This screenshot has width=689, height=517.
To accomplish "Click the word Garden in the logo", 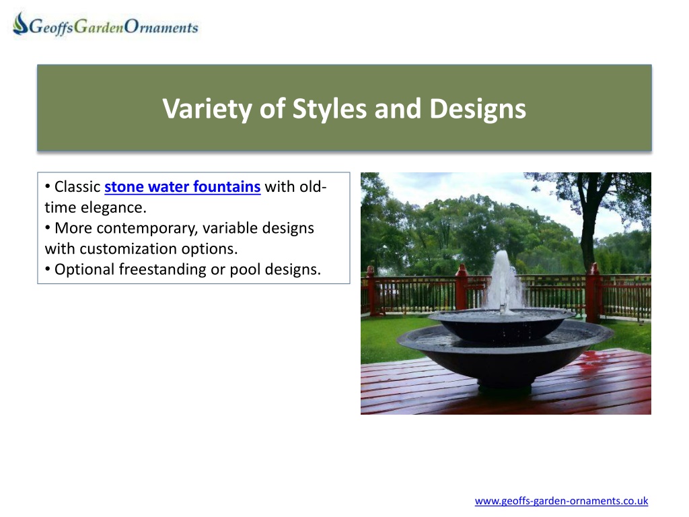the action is (x=99, y=27).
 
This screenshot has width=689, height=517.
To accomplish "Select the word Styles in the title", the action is (x=329, y=109).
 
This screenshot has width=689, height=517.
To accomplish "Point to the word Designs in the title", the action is (x=478, y=109).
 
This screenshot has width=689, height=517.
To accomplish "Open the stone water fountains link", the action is (x=182, y=187).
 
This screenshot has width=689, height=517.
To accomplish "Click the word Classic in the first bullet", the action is (x=77, y=187).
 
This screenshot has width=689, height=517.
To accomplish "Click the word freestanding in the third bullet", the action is (x=163, y=269).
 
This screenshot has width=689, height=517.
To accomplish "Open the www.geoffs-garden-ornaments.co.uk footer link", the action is (x=561, y=501).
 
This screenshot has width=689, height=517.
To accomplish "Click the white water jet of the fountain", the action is (x=503, y=281).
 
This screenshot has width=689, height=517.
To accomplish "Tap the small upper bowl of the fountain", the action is (x=501, y=325).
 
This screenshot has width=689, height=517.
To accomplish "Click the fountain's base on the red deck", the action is (x=505, y=388).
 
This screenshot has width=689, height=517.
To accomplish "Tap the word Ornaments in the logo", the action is (x=161, y=27).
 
